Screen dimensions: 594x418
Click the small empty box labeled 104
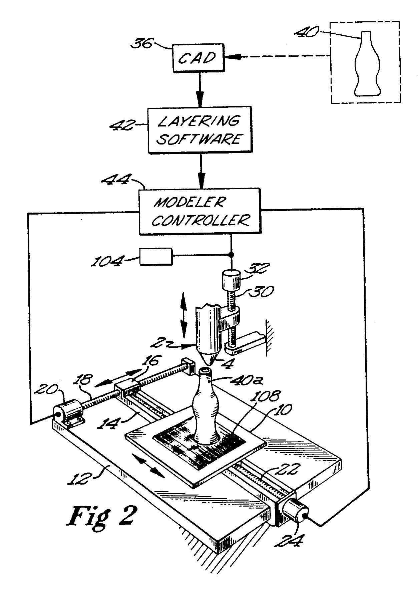click(x=156, y=256)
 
